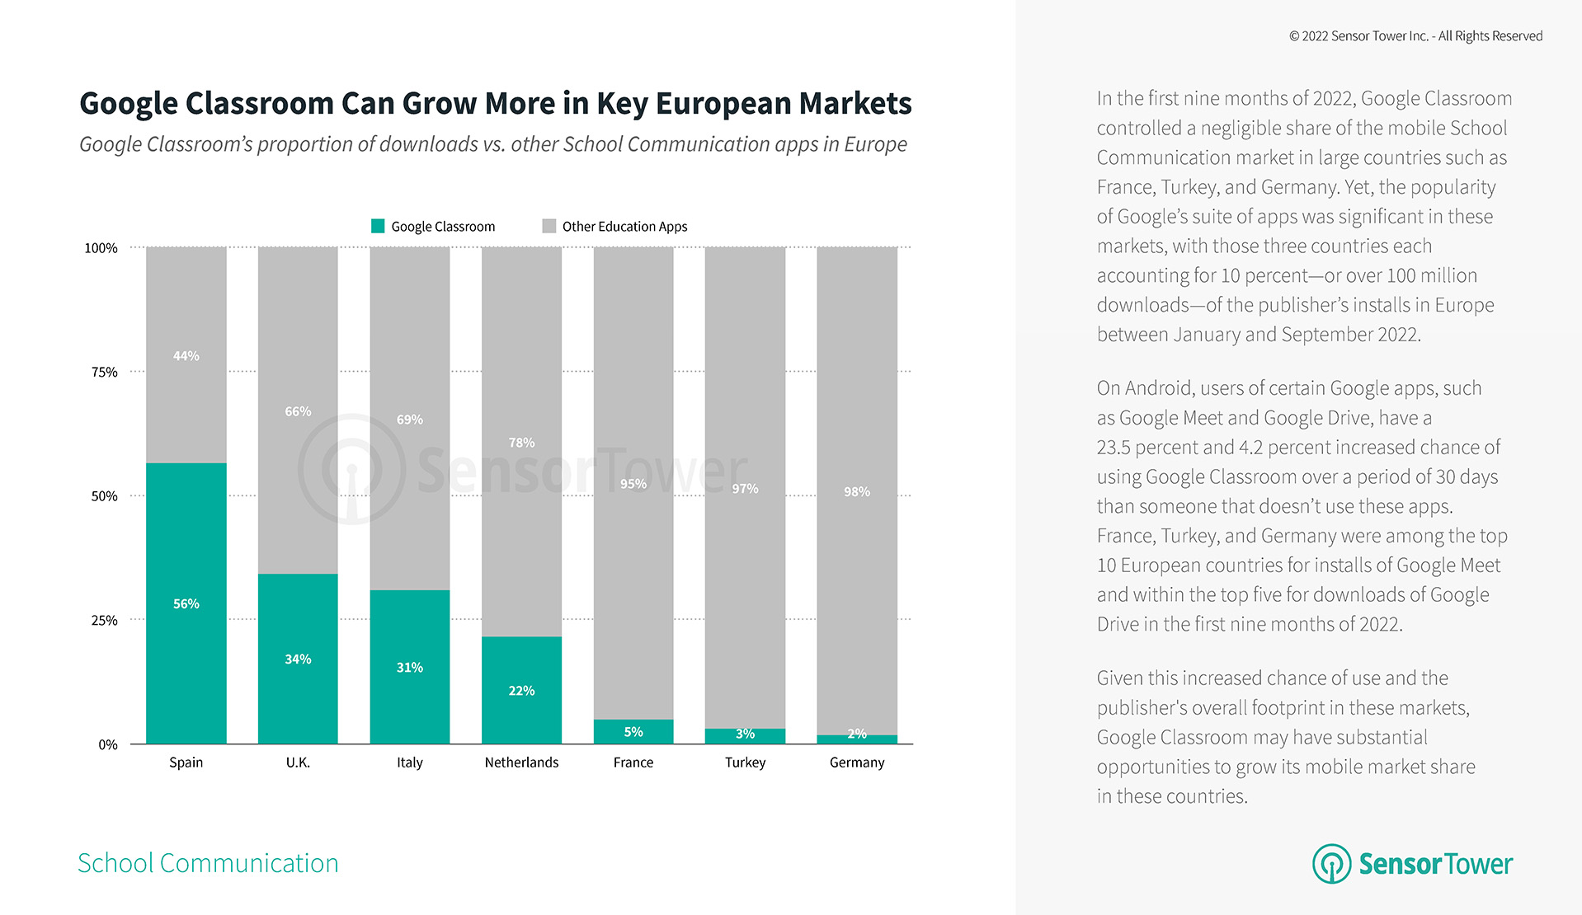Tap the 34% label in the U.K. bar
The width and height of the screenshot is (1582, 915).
pos(298,659)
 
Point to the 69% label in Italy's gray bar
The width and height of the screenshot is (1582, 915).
pos(409,420)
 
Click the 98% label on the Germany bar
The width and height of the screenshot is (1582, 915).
pos(856,492)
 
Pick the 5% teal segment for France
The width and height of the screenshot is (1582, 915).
pos(633,731)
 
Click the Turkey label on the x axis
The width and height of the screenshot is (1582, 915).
pos(745,762)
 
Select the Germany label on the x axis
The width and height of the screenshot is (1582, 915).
pos(856,762)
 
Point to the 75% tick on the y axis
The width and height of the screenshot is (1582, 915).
pos(105,373)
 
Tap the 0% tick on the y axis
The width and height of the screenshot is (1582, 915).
pos(108,745)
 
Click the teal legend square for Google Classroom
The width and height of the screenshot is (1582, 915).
pos(378,226)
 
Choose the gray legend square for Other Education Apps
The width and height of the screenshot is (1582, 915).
pos(549,226)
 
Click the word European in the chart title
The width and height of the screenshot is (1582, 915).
pos(723,104)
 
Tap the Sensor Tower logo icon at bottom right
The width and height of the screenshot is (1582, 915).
pos(1331,863)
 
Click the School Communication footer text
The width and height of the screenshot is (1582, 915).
pos(208,863)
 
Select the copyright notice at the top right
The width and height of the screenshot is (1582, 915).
pos(1415,36)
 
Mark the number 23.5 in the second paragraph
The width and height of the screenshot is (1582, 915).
pos(1113,448)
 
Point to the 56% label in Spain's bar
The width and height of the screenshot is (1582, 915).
pos(186,604)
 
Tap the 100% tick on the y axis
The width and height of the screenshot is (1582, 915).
pos(101,248)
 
